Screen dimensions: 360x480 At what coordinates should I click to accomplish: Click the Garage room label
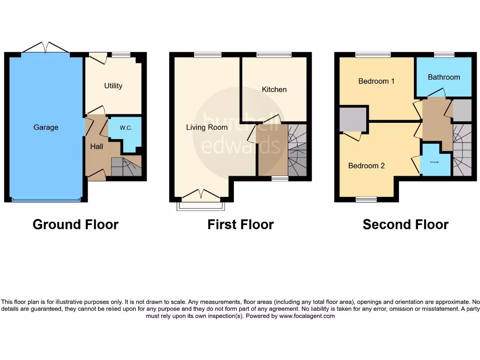pos(46,127)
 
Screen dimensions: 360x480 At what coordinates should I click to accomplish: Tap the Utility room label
pos(113,86)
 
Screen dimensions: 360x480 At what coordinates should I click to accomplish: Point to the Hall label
pos(97,147)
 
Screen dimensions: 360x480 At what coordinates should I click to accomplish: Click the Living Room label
pos(207,127)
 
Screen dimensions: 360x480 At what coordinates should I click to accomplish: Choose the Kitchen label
pos(274,90)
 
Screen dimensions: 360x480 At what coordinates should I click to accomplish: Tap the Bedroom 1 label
pos(376,81)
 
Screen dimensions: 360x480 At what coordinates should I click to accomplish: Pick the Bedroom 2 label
pos(367,165)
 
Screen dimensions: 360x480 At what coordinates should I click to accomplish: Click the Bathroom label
pos(444,77)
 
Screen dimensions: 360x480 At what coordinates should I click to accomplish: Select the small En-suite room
pos(435,162)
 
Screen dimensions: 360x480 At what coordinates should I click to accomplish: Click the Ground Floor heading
pos(75,225)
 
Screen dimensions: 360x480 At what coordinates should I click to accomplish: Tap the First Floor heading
pos(240,225)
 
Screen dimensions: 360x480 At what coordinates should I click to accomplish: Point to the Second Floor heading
pos(405,225)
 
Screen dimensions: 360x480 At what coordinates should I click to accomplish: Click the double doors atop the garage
pos(45,48)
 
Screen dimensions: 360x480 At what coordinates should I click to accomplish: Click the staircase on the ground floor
pos(126,167)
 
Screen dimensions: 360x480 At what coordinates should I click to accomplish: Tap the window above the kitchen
pos(274,55)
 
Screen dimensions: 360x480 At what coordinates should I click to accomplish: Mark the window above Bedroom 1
pos(373,55)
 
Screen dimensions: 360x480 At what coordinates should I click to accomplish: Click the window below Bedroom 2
pos(366,200)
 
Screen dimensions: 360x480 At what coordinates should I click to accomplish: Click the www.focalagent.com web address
pos(307,316)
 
